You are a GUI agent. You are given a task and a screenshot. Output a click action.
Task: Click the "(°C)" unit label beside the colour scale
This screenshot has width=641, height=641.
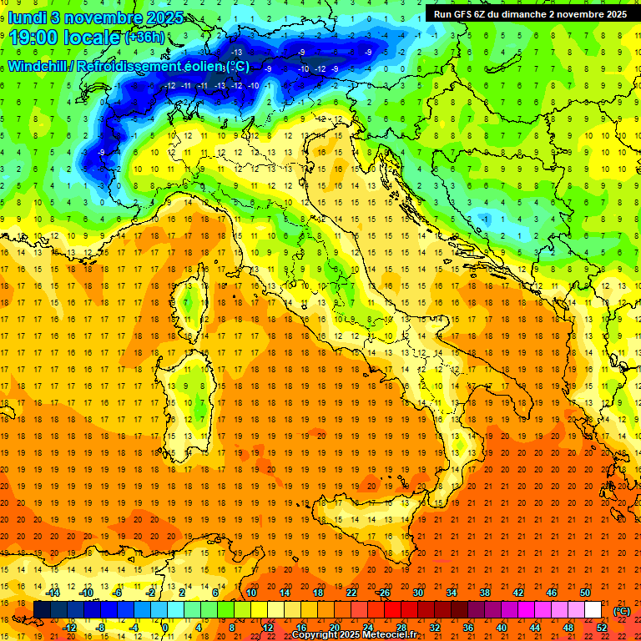(622, 611)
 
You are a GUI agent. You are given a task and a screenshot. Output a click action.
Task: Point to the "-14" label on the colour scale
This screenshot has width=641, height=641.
(53, 593)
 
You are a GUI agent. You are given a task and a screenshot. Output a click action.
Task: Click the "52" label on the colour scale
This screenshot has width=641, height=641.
(602, 628)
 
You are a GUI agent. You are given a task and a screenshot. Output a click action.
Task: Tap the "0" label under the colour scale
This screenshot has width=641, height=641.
(164, 628)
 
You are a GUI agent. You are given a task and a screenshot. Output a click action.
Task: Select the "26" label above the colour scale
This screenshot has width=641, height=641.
(384, 593)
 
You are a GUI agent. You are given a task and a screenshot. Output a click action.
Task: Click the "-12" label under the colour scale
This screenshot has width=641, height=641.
(69, 628)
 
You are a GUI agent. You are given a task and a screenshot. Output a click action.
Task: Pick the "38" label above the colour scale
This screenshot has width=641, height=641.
(484, 593)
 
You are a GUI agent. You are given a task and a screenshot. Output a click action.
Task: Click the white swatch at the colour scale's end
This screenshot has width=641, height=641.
(593, 610)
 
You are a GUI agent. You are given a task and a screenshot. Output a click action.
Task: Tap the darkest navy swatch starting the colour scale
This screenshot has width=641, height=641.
(42, 610)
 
